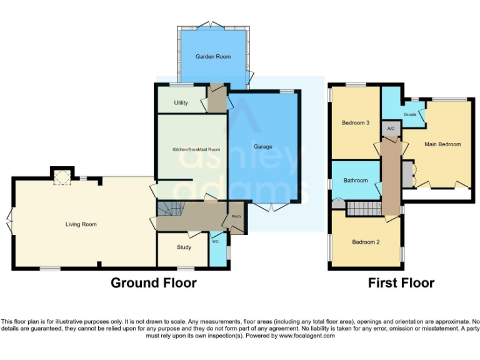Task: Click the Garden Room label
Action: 213,57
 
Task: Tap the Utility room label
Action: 181,103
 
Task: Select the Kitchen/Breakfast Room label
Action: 196,149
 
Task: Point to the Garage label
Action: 262,147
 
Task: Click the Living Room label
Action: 81,224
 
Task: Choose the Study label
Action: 184,247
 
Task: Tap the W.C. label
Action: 215,241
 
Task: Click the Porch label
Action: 236,217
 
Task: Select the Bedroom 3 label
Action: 355,123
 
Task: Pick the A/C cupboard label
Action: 391,129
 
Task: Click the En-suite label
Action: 410,114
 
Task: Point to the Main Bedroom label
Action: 442,144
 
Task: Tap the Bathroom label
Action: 355,181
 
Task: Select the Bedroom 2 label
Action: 366,242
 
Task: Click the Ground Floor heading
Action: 154,283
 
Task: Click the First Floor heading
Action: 401,283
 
